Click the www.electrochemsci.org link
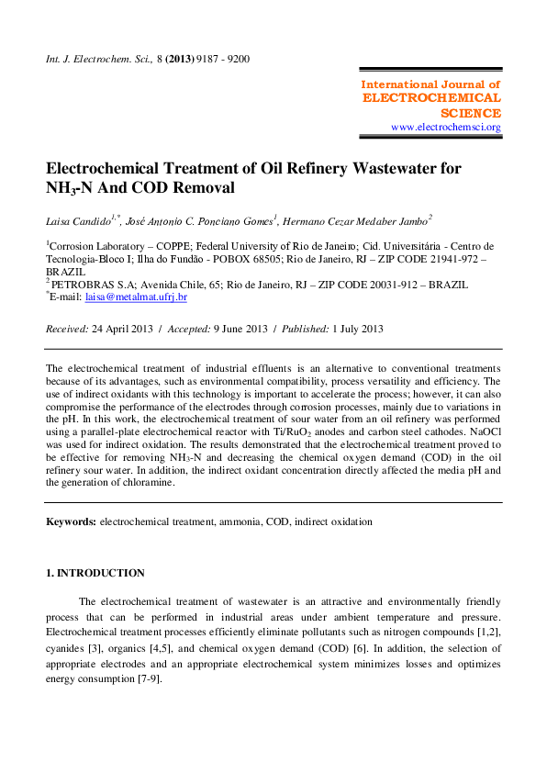point(445,127)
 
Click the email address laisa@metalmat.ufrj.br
point(136,297)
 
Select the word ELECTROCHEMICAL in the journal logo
point(431,98)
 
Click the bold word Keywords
point(71,521)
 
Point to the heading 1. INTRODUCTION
point(95,573)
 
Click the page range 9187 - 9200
point(220,59)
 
